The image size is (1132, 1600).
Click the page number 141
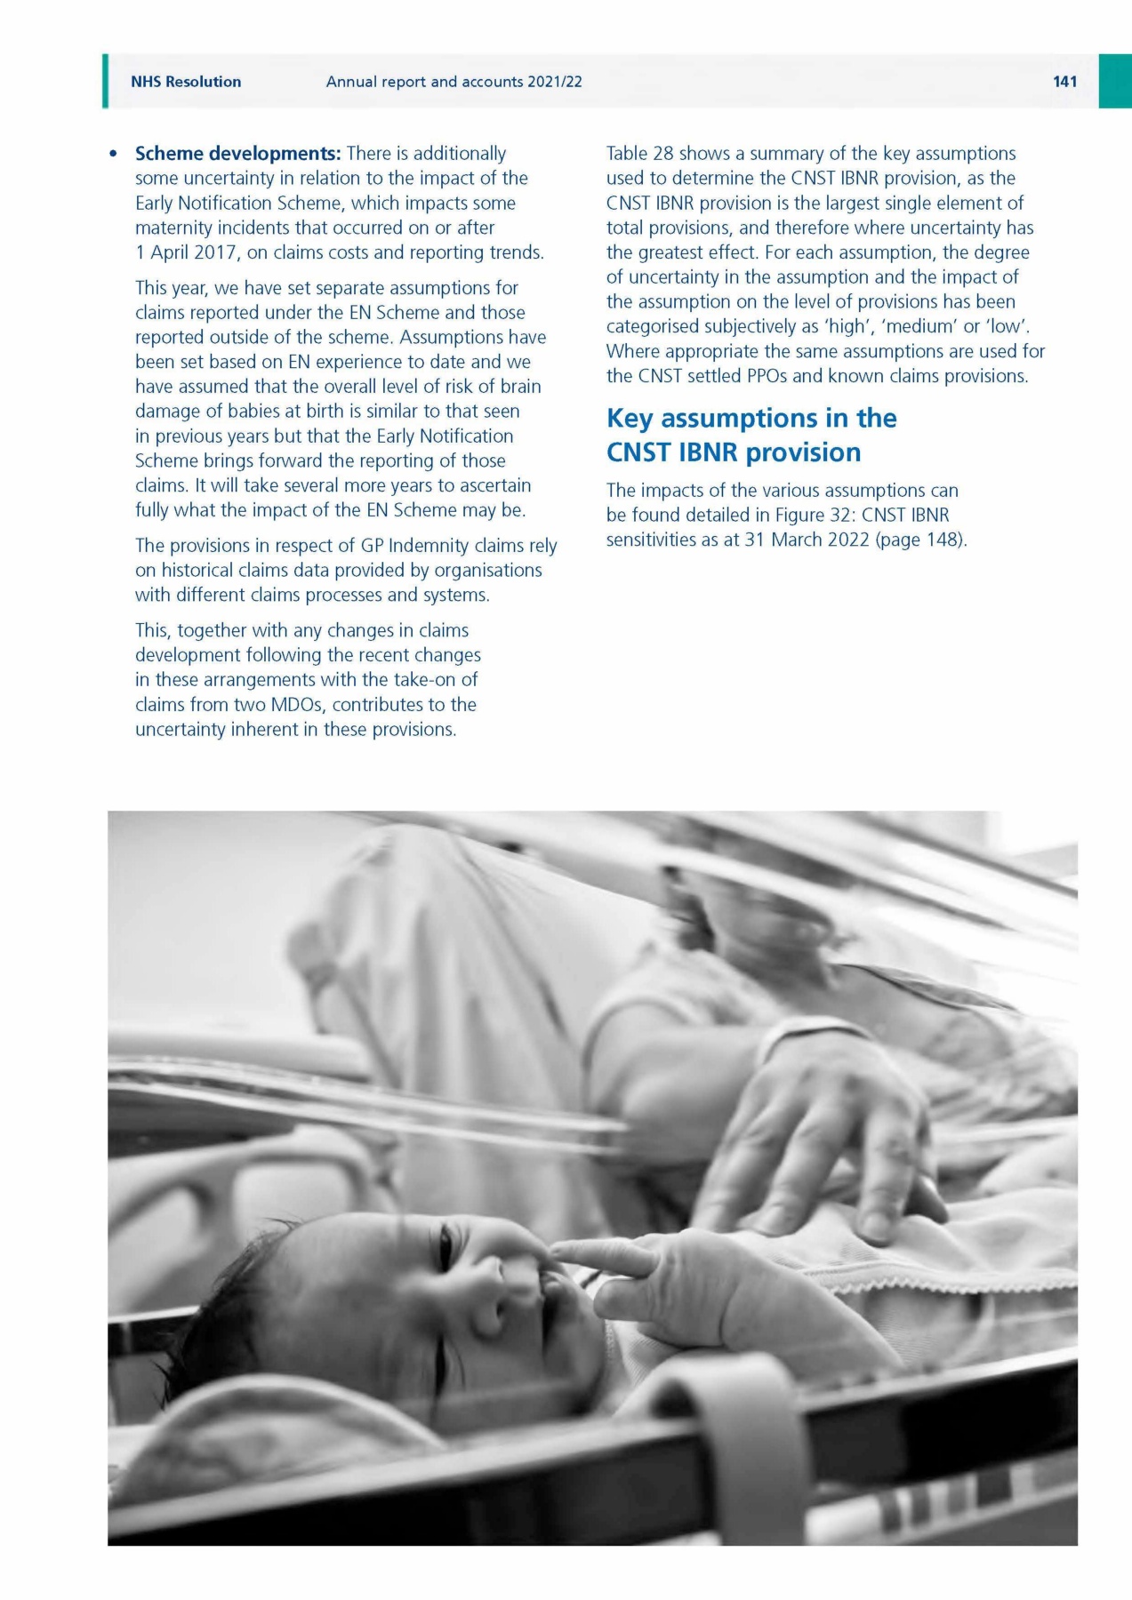(x=1064, y=82)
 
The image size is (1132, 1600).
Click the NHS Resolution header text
(x=186, y=82)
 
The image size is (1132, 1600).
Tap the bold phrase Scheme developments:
(x=237, y=154)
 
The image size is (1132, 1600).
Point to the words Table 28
(x=639, y=154)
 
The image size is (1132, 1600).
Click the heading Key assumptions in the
(x=751, y=419)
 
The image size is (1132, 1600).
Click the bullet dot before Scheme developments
(x=113, y=155)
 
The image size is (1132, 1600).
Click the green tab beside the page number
(x=1115, y=82)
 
